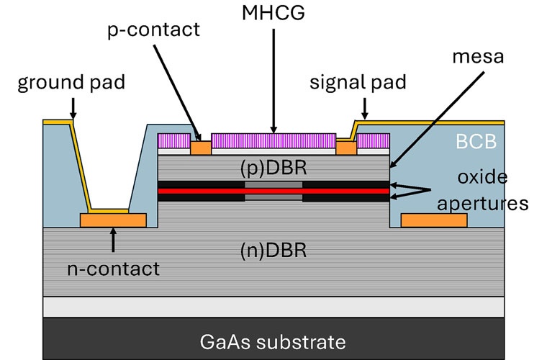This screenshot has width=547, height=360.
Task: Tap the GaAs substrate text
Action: [273, 341]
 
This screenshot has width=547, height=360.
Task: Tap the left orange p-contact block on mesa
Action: [201, 148]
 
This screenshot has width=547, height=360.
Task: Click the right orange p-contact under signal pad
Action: [346, 148]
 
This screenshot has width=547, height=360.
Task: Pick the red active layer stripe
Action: [273, 192]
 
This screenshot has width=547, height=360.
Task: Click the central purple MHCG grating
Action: [273, 141]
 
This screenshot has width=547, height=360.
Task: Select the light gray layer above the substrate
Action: [273, 307]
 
